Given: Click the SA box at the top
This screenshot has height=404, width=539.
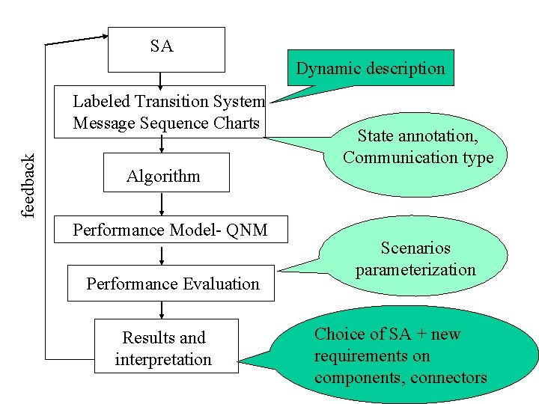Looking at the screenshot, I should click(x=166, y=49).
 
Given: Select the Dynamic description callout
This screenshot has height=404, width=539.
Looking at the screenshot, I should click(x=371, y=68).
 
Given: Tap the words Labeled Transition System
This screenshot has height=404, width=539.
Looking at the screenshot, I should click(x=168, y=101).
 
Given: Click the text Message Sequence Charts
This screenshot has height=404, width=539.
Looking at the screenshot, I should click(x=166, y=123).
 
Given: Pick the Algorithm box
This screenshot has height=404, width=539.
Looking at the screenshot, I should click(x=165, y=173).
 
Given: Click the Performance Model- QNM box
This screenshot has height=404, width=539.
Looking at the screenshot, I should click(x=171, y=230).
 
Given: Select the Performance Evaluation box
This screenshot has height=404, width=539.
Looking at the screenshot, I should click(x=171, y=284).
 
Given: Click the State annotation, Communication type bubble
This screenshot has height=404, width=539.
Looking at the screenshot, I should click(x=418, y=147).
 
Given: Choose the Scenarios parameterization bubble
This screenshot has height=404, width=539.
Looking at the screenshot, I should click(x=415, y=259).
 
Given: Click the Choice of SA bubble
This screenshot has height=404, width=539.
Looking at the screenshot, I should click(x=404, y=355).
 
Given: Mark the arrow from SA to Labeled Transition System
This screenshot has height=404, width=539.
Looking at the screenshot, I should click(x=160, y=79).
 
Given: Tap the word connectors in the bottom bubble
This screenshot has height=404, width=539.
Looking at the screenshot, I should click(x=448, y=378).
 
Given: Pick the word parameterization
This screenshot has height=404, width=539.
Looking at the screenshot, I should click(x=415, y=269).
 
